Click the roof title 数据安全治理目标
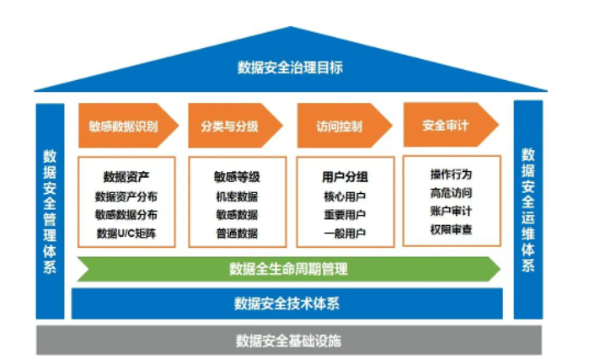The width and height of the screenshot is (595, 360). pyautogui.click(x=290, y=67)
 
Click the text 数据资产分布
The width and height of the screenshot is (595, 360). pyautogui.click(x=126, y=196)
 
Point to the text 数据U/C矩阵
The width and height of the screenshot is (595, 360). pyautogui.click(x=126, y=234)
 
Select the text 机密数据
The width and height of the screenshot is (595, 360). pyautogui.click(x=237, y=196)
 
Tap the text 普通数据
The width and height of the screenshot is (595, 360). pyautogui.click(x=237, y=234)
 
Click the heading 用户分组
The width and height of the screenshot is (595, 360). pyautogui.click(x=345, y=177)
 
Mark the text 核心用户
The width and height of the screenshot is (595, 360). pyautogui.click(x=345, y=196)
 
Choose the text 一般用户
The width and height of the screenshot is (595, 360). pyautogui.click(x=345, y=234)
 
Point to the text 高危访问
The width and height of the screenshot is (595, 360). pyautogui.click(x=451, y=193)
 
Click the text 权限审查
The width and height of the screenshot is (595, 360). pyautogui.click(x=451, y=229)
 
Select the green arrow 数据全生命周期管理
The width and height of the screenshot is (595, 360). pyautogui.click(x=289, y=269)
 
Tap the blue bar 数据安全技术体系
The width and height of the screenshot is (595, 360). pyautogui.click(x=287, y=304)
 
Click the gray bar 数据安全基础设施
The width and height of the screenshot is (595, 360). pyautogui.click(x=289, y=341)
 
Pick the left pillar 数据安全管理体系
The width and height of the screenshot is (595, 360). pyautogui.click(x=50, y=211)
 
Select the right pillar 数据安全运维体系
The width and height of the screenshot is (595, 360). pyautogui.click(x=528, y=210)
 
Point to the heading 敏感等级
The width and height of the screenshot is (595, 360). pyautogui.click(x=237, y=177)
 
